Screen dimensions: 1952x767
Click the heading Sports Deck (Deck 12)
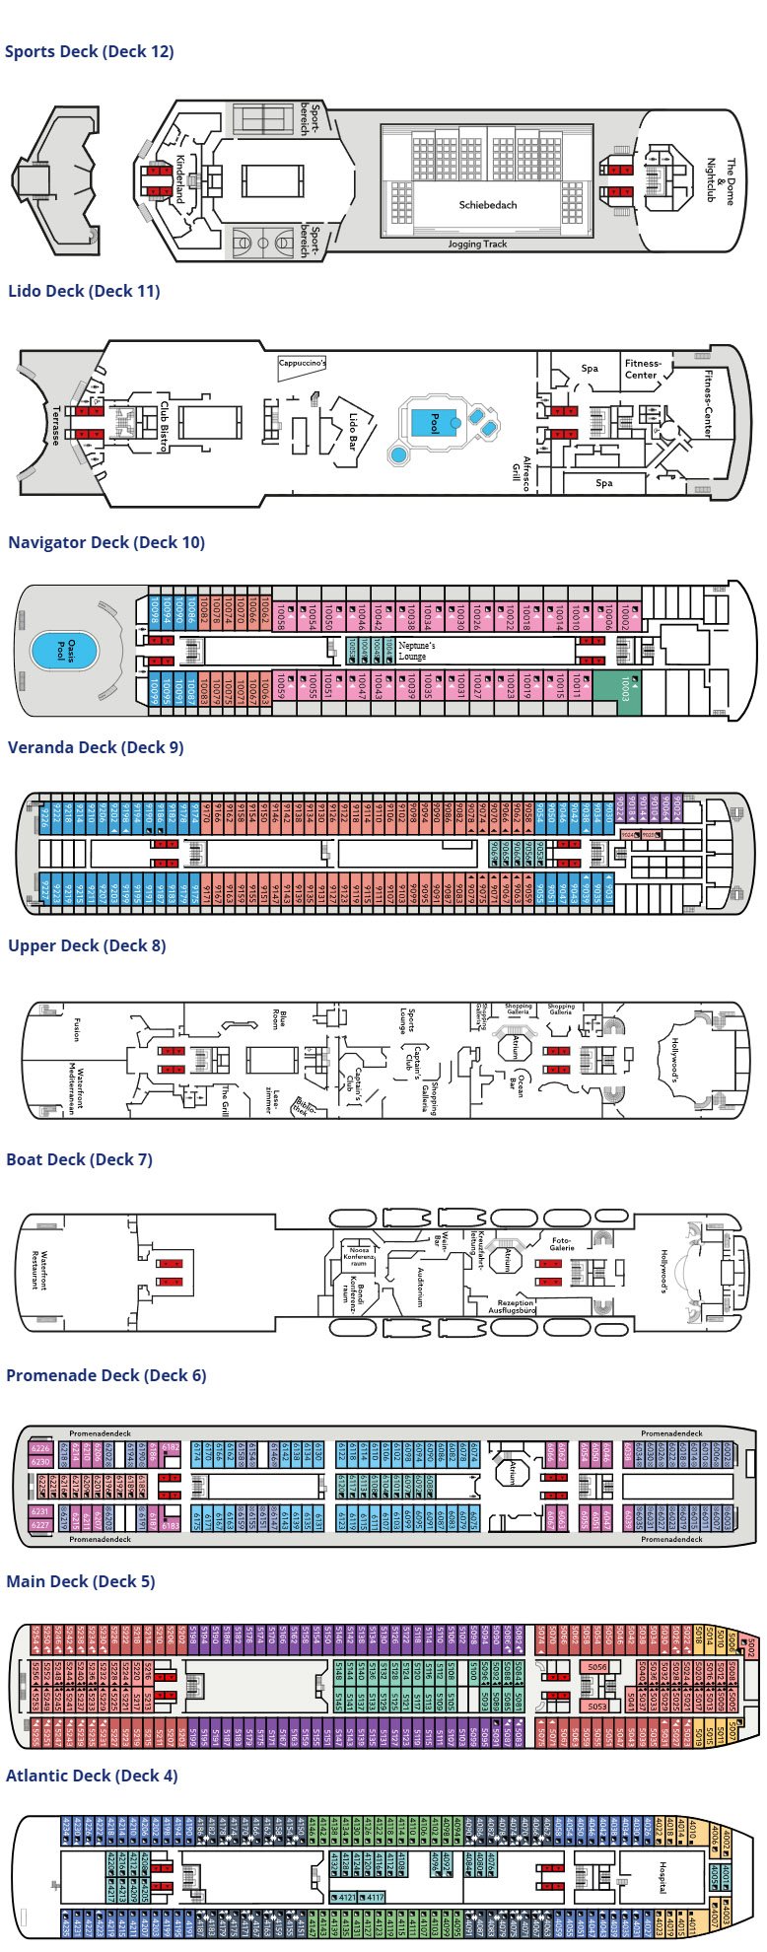[x=90, y=51]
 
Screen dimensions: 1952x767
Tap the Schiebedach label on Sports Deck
[x=487, y=205]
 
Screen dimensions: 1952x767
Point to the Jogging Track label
[x=477, y=244]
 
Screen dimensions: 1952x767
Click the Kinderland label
[x=180, y=178]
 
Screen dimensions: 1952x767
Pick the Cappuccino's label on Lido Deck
[x=302, y=363]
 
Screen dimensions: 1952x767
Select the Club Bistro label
[x=164, y=426]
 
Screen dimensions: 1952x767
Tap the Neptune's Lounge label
[x=417, y=651]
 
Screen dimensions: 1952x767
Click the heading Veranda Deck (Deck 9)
[x=96, y=747]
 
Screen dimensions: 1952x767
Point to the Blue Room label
[x=279, y=1019]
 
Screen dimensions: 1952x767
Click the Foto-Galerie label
[x=561, y=1245]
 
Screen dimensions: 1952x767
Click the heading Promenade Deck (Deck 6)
[x=106, y=1375]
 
